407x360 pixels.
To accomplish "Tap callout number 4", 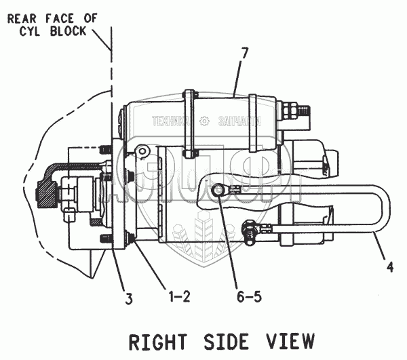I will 389,267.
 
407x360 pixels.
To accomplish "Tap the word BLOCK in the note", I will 66,32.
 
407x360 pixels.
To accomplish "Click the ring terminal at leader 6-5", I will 219,193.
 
